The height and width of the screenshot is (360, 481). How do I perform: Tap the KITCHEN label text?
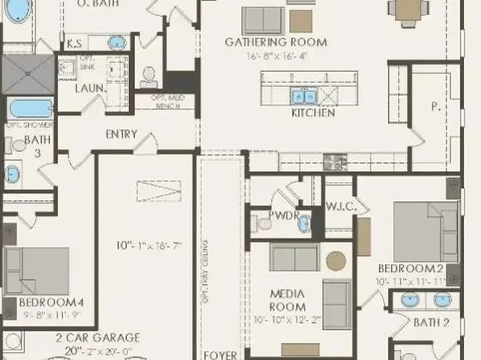click(x=312, y=114)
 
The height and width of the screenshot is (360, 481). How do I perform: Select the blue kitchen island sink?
click(x=305, y=97)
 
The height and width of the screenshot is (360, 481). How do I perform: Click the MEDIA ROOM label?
click(x=288, y=301)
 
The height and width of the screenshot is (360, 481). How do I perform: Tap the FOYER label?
click(x=220, y=354)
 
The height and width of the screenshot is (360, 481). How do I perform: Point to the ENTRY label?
click(x=121, y=135)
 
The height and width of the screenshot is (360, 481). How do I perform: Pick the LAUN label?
click(x=89, y=87)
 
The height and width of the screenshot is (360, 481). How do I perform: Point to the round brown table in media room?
click(x=335, y=260)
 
